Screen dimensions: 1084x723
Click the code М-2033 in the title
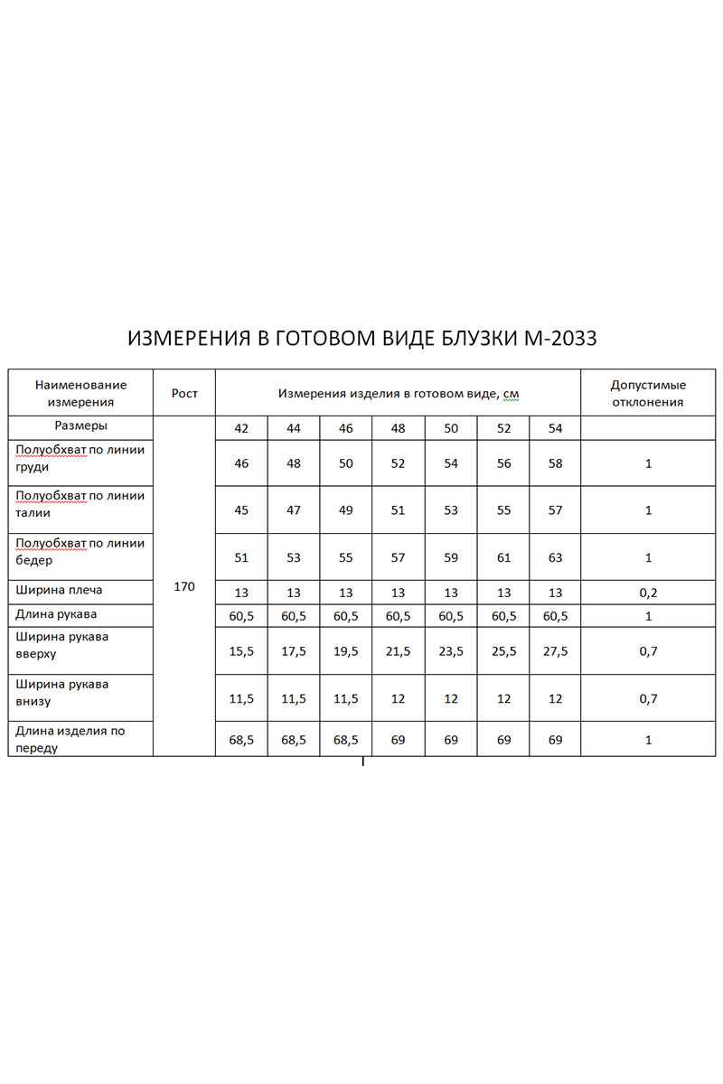pos(560,339)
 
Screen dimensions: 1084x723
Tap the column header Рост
pos(184,394)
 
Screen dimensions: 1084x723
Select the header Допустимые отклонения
pos(648,394)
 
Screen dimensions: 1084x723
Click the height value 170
pos(184,587)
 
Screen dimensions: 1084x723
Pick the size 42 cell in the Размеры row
pos(241,429)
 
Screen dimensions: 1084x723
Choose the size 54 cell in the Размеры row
pos(555,429)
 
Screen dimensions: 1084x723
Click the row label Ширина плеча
pos(60,591)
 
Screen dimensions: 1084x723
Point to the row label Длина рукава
pos(57,614)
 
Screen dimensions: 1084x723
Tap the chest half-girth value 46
pos(241,463)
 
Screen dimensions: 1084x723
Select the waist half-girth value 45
pos(241,510)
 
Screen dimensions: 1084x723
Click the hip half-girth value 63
pos(555,557)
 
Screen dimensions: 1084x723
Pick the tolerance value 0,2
pos(648,593)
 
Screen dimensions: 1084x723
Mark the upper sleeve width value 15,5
pos(241,651)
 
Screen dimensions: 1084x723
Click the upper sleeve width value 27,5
pos(555,651)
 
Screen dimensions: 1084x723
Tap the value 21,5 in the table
pos(399,651)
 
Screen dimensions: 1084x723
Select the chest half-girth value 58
pos(555,463)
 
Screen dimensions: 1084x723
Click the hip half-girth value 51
pos(241,557)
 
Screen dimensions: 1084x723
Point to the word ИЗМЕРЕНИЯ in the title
pos(187,339)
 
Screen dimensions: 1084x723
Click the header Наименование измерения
pos(80,394)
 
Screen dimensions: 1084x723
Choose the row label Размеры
pos(80,425)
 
